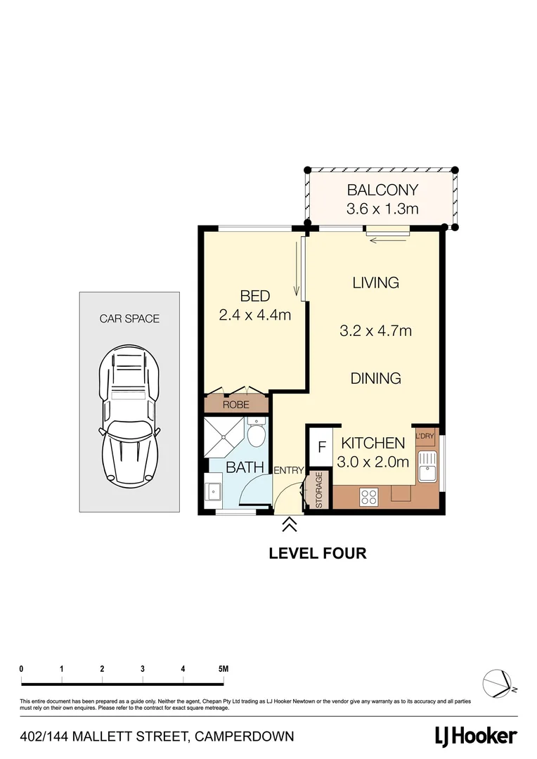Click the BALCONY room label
tap(382, 190)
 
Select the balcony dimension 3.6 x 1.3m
tap(382, 209)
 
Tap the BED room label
tap(254, 296)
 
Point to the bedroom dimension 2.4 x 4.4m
tap(254, 316)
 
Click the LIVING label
tap(375, 283)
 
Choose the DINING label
tap(375, 378)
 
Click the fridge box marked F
tap(322, 447)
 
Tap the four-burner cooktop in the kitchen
tap(369, 496)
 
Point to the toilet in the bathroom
tap(256, 436)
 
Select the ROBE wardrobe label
tap(236, 405)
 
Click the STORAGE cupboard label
tap(318, 490)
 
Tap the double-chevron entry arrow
tap(289, 524)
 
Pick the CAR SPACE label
tap(129, 318)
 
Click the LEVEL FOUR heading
tap(318, 553)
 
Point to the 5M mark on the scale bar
tap(224, 669)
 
